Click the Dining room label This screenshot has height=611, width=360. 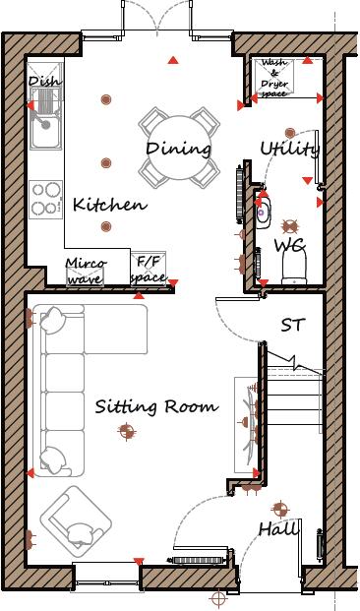coord(179,149)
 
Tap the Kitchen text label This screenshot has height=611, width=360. coord(110,206)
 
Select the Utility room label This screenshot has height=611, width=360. coord(290,149)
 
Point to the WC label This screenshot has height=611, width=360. coord(289,244)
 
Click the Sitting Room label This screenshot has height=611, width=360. coord(156,406)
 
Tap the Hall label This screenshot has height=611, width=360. coord(278,529)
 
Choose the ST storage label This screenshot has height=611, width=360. coord(292,324)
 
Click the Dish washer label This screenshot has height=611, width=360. coord(44,82)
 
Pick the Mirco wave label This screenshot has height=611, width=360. coord(86,271)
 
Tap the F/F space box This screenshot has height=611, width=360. coord(150,270)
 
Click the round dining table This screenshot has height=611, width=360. coord(179,148)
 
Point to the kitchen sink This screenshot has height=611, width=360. coord(44,125)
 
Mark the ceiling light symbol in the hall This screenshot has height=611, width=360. coord(279,509)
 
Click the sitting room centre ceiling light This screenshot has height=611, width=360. coord(126,429)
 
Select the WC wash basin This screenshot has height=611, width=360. coord(263,209)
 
